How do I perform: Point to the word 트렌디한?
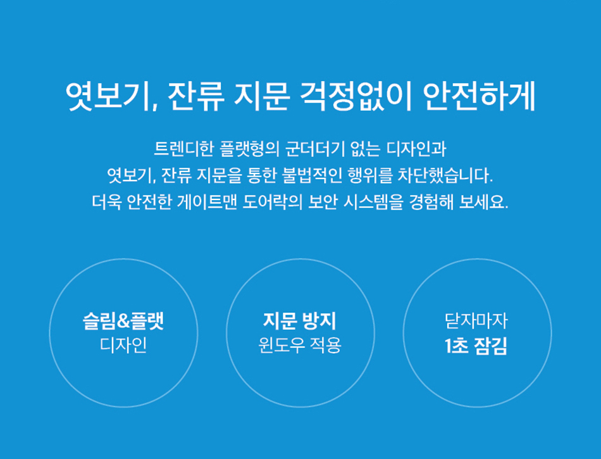pyautogui.click(x=183, y=149)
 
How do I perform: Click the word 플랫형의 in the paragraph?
pyautogui.click(x=250, y=149)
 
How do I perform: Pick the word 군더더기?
pyautogui.click(x=314, y=149)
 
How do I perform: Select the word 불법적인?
pyautogui.click(x=311, y=175)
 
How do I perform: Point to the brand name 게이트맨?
pyautogui.click(x=206, y=202)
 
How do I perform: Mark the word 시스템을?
pyautogui.click(x=373, y=202)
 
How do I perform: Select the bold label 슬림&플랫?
pyautogui.click(x=123, y=321)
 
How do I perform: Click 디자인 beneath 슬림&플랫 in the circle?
pyautogui.click(x=123, y=345)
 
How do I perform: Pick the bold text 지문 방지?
pyautogui.click(x=299, y=321)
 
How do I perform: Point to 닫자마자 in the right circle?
pyautogui.click(x=476, y=321)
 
